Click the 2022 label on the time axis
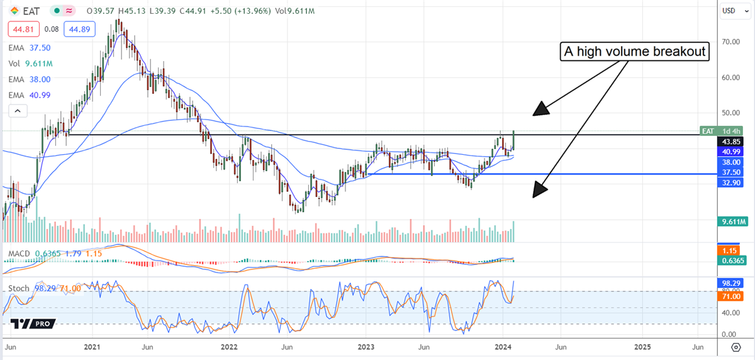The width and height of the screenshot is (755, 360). pos(230,347)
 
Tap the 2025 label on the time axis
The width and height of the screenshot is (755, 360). pos(642,347)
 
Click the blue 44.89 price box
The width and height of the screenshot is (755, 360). pos(74,28)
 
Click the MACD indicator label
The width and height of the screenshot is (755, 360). pos(19,254)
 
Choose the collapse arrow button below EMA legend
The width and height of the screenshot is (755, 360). pos(18,111)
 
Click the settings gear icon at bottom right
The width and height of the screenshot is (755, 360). pos(735,347)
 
